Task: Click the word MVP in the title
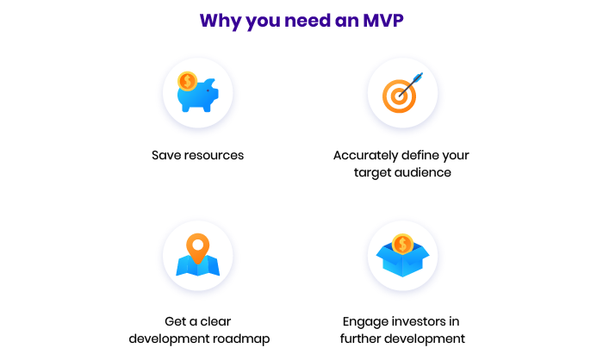[383, 21]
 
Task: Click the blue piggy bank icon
[198, 96]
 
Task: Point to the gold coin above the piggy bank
[187, 81]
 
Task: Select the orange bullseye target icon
[399, 96]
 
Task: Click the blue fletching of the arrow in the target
[419, 77]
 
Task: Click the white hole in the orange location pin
[197, 245]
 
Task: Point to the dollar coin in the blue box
[402, 244]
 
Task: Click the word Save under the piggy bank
[166, 155]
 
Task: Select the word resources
[214, 155]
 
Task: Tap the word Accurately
[366, 155]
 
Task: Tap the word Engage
[365, 322]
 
